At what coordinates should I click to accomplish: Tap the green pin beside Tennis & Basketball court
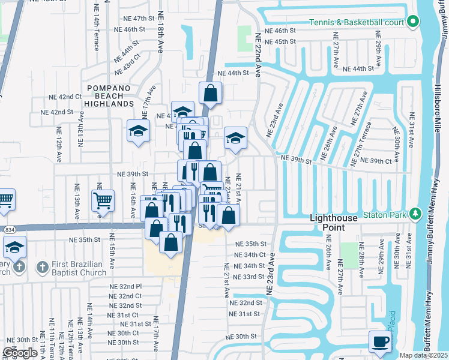coord(413,23)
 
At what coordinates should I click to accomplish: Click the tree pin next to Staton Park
coord(414,214)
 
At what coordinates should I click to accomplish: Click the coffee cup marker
coord(379,342)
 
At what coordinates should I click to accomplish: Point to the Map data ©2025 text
coord(424,355)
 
